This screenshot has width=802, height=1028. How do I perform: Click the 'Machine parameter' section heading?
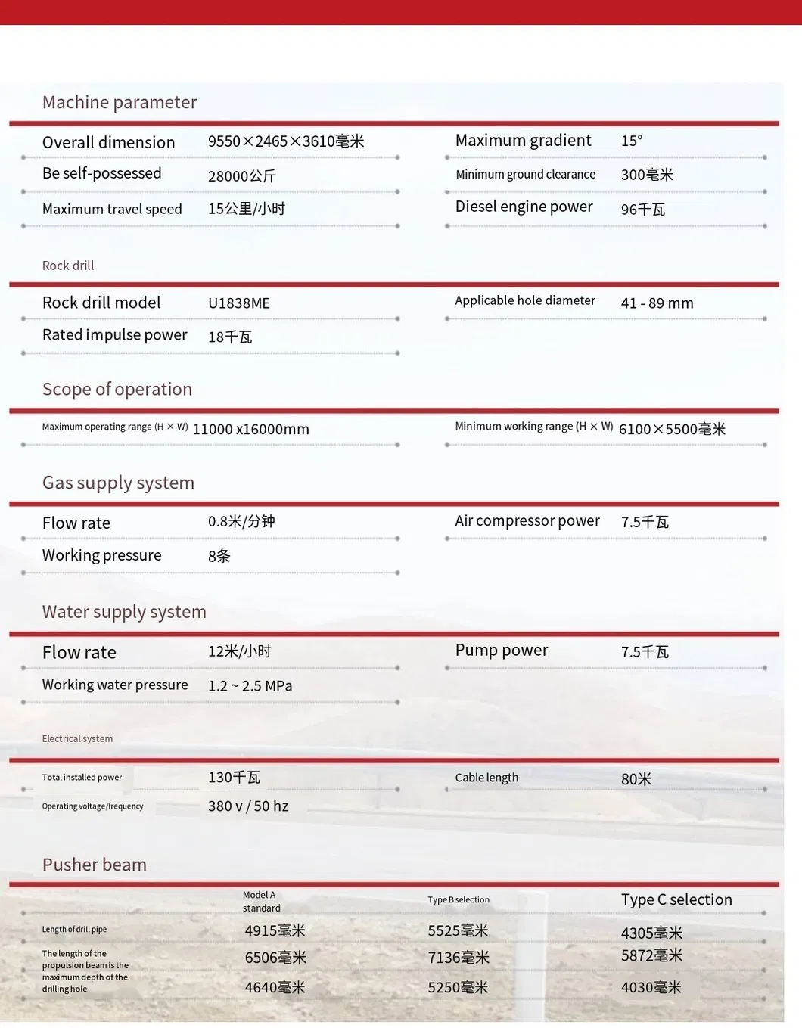(x=120, y=102)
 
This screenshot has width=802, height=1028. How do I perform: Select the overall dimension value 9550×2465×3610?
(x=285, y=141)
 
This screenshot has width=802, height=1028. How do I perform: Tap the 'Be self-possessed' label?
(x=101, y=173)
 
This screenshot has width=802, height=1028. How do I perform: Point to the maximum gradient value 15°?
(x=632, y=141)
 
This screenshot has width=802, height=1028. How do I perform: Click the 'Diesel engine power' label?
(x=524, y=207)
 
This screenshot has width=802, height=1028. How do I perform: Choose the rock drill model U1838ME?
(x=239, y=303)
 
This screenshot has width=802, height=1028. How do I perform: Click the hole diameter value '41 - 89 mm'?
(x=657, y=303)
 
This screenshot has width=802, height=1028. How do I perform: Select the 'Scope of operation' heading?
(x=117, y=389)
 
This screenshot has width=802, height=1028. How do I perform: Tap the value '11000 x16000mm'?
(x=251, y=430)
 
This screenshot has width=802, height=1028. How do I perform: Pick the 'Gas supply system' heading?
(x=118, y=483)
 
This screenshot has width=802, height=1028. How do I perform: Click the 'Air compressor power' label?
(x=527, y=521)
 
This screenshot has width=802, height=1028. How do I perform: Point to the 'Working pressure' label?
(x=101, y=555)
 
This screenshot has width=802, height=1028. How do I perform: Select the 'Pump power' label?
(x=502, y=651)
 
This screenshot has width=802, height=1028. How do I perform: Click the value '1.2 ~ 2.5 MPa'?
(x=250, y=686)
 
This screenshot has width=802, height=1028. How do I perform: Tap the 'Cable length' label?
(x=486, y=778)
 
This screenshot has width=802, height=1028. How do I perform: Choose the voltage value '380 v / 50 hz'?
(x=248, y=806)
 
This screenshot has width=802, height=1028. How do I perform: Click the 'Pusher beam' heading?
(x=95, y=865)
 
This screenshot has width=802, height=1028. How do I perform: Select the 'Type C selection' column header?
(x=676, y=899)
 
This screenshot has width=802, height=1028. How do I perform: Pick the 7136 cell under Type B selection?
(x=459, y=958)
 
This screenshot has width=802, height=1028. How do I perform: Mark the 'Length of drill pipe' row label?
(x=74, y=930)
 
